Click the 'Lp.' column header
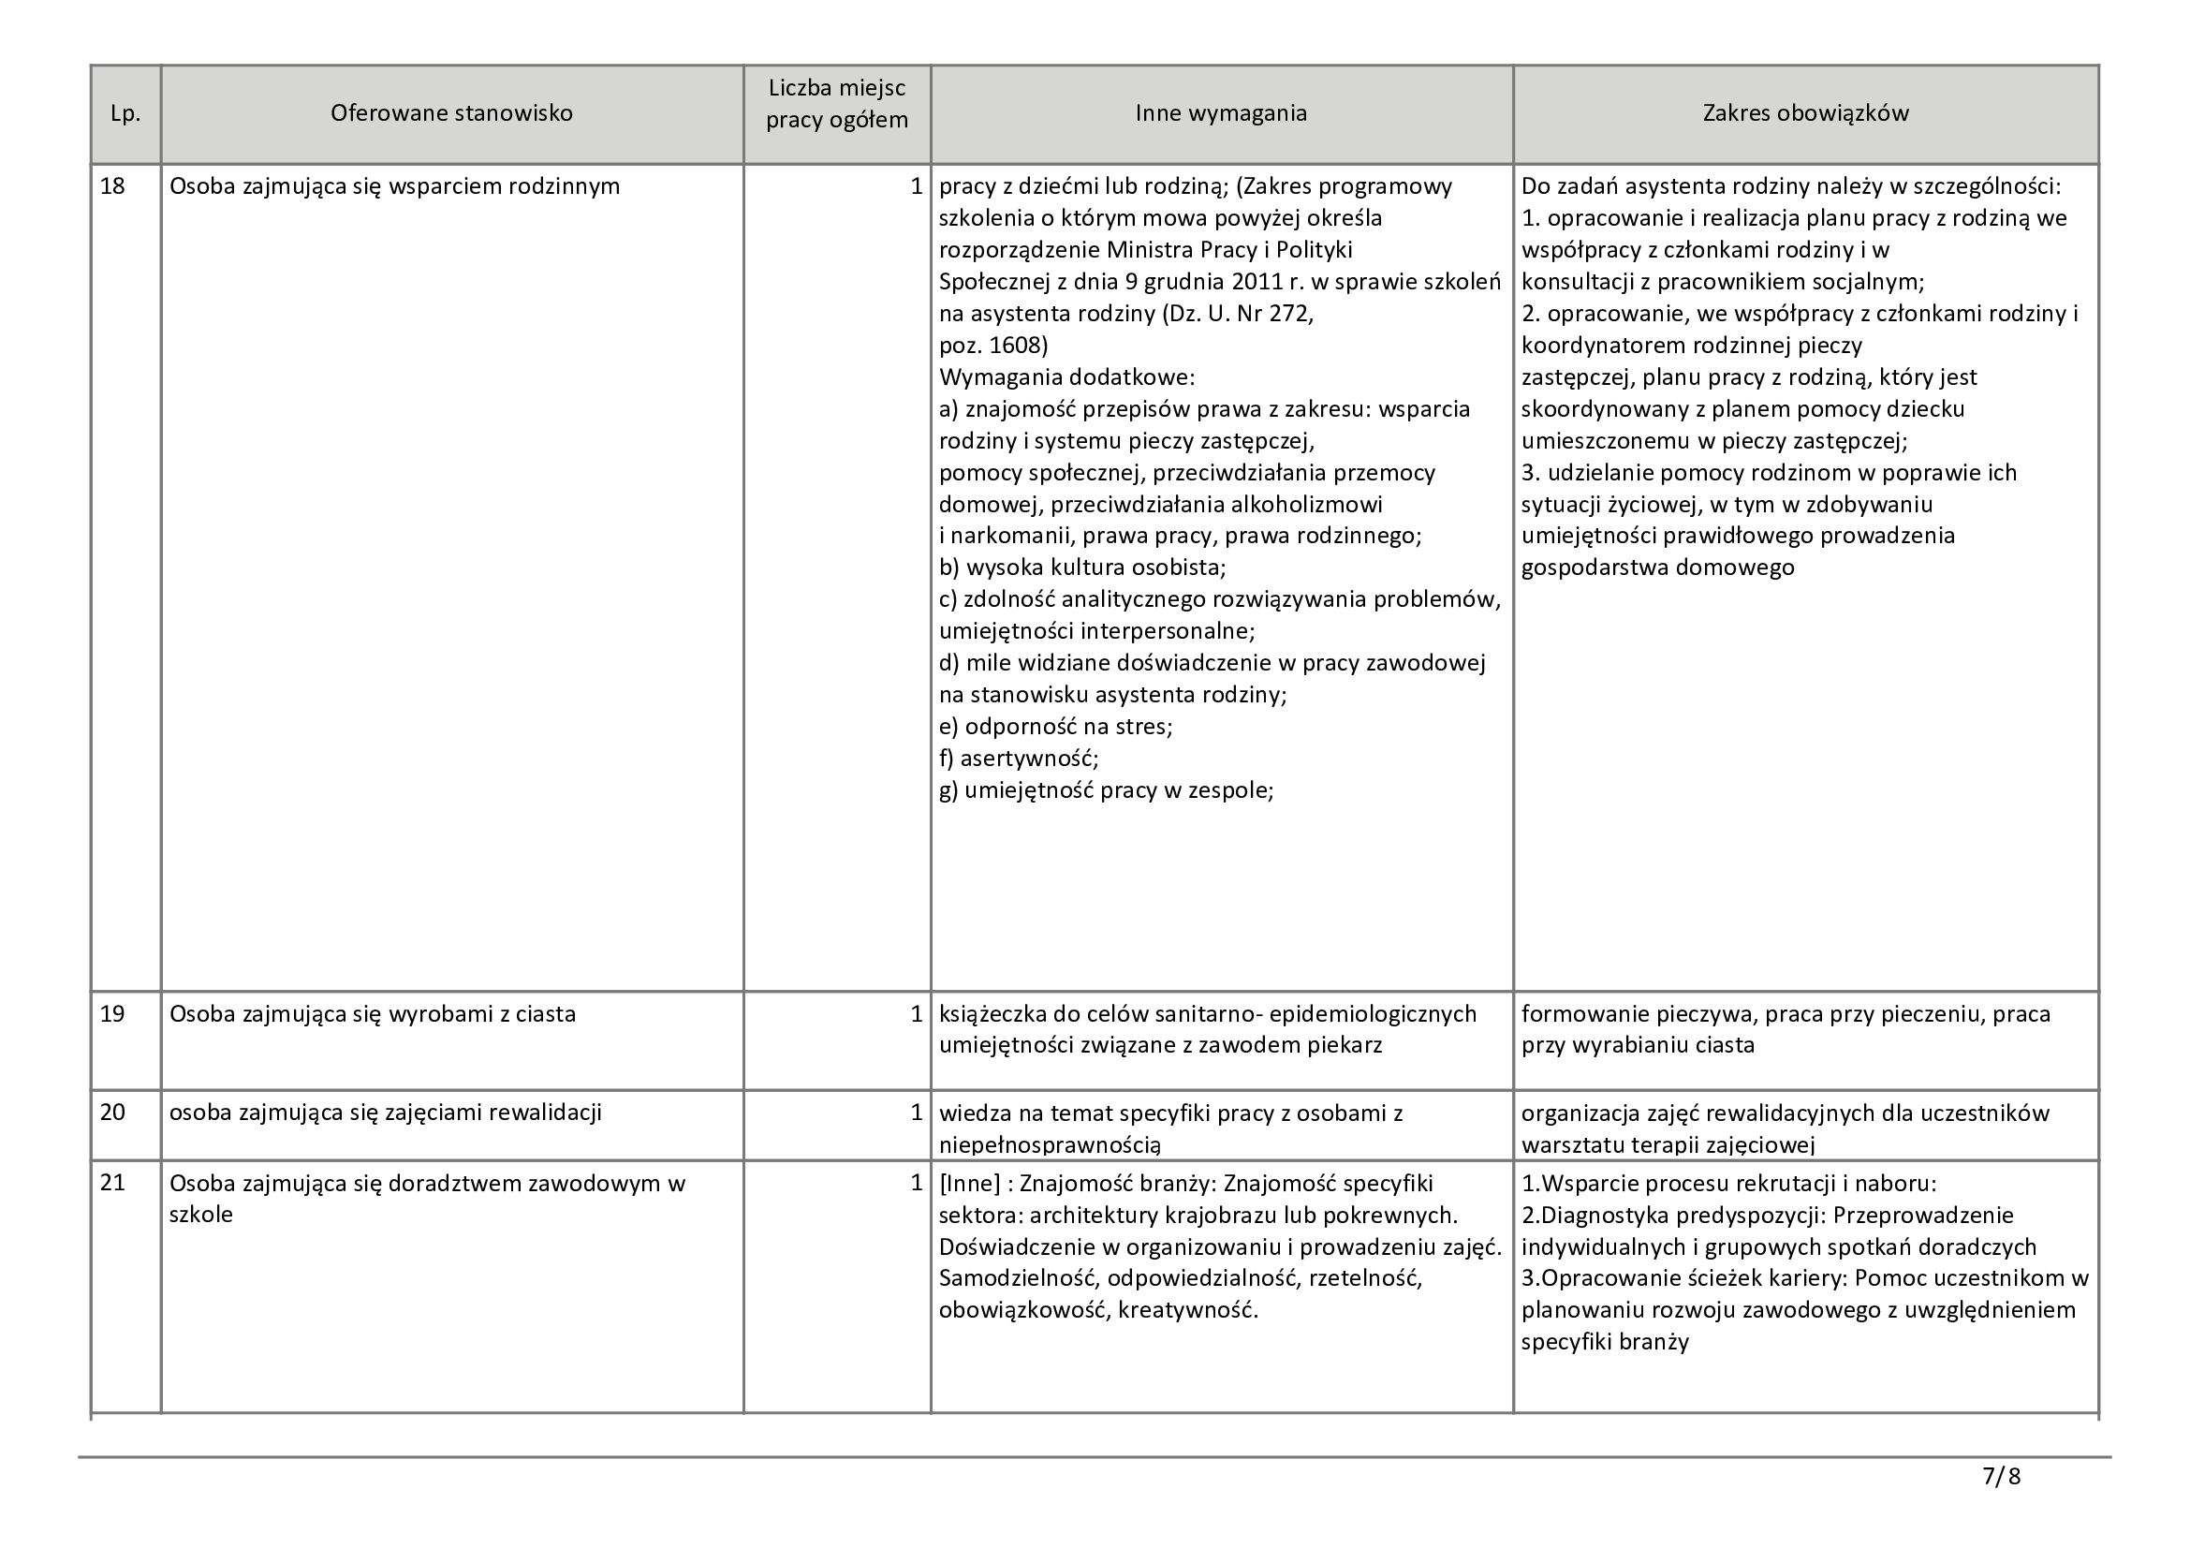(x=125, y=113)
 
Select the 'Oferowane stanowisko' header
(x=451, y=113)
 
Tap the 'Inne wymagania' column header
(x=1221, y=113)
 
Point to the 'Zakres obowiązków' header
(x=1805, y=113)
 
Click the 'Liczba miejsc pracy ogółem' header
(x=836, y=105)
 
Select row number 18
(x=112, y=186)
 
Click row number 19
(x=112, y=1014)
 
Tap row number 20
(x=112, y=1113)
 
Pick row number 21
(x=112, y=1184)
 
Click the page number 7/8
(x=2001, y=1478)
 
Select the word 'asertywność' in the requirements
(x=1028, y=759)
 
